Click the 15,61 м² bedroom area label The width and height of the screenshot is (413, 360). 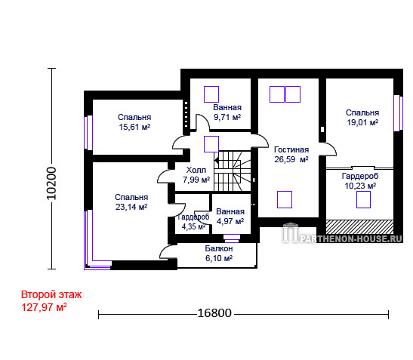click(134, 127)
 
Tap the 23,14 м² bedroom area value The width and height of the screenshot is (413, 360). click(131, 207)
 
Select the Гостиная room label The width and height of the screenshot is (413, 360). click(291, 149)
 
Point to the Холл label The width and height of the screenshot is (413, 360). click(196, 170)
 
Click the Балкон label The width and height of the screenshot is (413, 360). click(219, 248)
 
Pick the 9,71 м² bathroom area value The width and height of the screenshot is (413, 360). click(227, 117)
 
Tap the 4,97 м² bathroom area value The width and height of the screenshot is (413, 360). click(230, 221)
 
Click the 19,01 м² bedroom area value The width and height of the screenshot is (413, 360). click(362, 122)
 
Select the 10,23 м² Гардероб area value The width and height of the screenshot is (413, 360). click(360, 186)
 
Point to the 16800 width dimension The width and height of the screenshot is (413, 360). click(214, 313)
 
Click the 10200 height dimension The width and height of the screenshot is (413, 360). click(51, 183)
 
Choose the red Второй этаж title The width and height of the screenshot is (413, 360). click(51, 294)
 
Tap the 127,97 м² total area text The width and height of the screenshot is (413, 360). click(44, 307)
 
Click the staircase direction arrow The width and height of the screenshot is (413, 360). click(217, 160)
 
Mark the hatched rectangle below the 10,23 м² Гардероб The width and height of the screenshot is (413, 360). click(360, 227)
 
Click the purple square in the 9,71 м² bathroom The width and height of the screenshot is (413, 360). click(211, 94)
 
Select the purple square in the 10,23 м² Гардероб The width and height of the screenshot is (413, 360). click(363, 199)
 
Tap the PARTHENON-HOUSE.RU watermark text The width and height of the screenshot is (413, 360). click(351, 238)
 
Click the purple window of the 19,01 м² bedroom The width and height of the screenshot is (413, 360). click(398, 113)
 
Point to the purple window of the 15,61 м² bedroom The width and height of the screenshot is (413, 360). click(88, 133)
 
